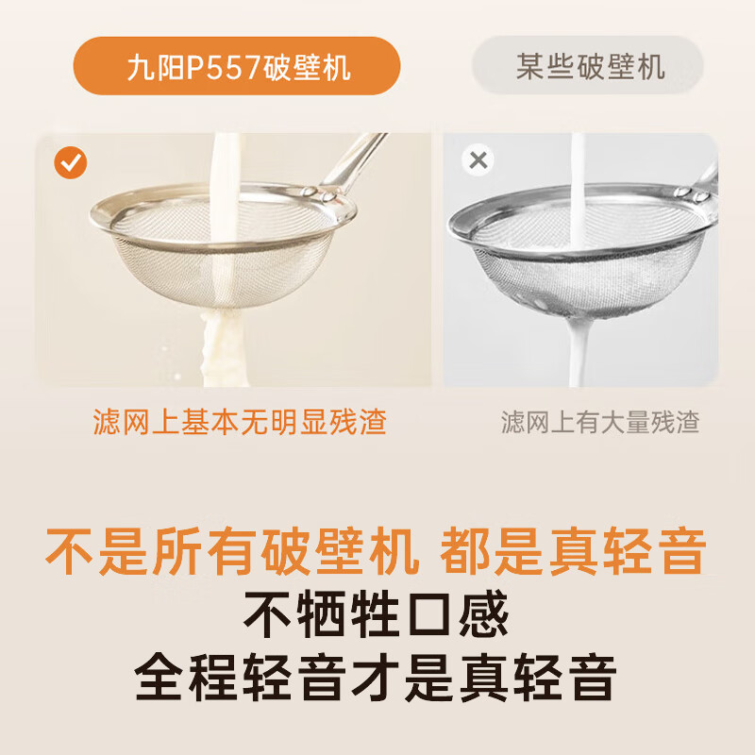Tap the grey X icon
478,160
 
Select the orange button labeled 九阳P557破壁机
237,67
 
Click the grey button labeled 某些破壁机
589,65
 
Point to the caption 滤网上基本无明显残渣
240,422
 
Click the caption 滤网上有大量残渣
600,422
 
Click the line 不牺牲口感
377,614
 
